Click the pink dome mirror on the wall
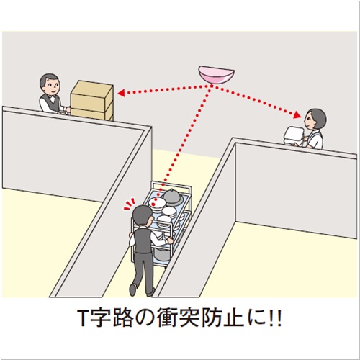coord(217,75)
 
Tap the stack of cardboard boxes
coord(92,100)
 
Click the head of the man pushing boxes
coord(50,84)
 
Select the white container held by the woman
coord(294,136)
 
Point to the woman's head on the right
coord(315,119)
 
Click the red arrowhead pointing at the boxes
coord(121,93)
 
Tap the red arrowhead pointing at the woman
coord(297,115)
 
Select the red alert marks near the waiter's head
coord(129,204)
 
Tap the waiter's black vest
coord(143,240)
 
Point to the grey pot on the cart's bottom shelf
coord(162,254)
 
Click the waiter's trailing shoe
coord(132,289)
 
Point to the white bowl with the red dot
coord(156,204)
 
